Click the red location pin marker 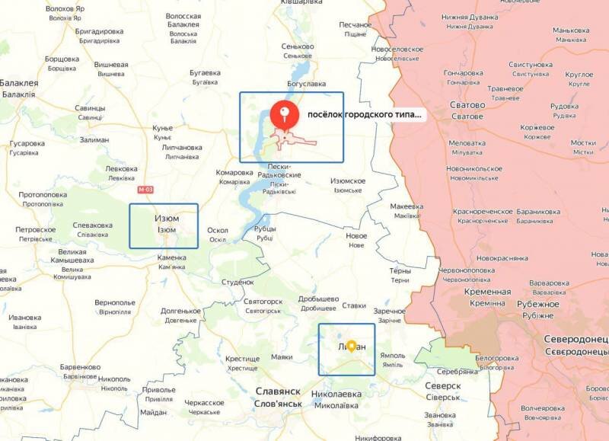[286, 115]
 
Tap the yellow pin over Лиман [351, 345]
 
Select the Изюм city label [167, 219]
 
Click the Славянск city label [278, 391]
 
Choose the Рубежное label [539, 304]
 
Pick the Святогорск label [263, 301]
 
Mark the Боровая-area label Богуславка [306, 83]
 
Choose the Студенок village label [237, 282]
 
